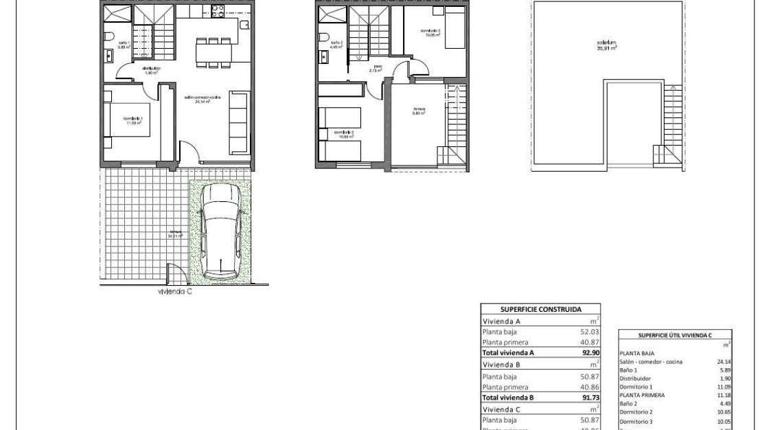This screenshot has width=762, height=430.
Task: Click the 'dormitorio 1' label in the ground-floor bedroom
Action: click(x=132, y=121)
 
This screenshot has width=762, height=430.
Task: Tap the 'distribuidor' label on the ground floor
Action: click(x=152, y=69)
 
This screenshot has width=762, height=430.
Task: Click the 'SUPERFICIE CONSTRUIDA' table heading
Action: click(x=540, y=309)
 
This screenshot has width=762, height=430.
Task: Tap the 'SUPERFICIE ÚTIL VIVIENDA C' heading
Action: click(x=675, y=335)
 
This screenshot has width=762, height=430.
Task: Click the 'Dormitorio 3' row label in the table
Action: click(x=636, y=421)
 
